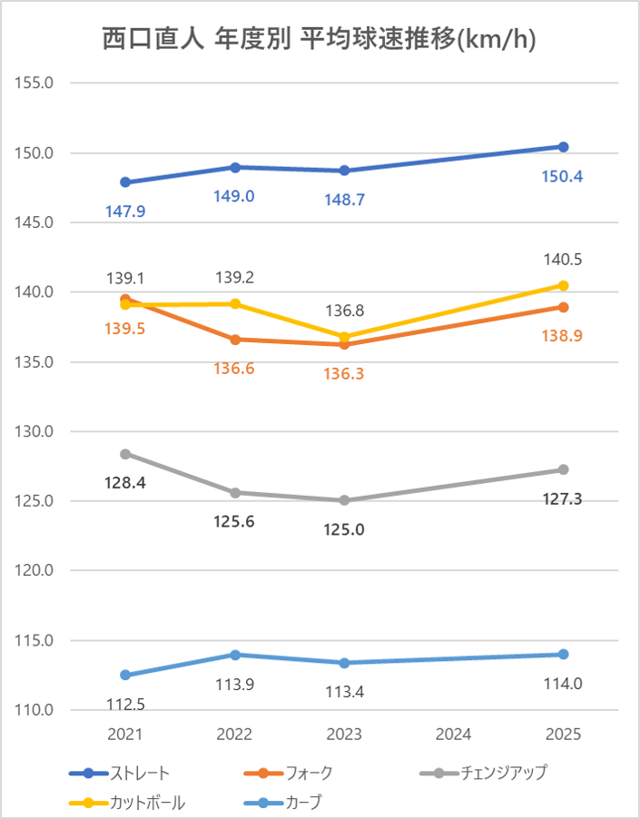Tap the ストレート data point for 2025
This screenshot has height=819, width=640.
pyautogui.click(x=563, y=147)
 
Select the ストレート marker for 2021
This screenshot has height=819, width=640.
pyautogui.click(x=125, y=183)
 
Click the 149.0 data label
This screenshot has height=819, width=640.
pyautogui.click(x=234, y=196)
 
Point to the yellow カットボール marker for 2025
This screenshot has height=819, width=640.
pyautogui.click(x=563, y=286)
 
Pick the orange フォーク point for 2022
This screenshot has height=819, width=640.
pyautogui.click(x=235, y=340)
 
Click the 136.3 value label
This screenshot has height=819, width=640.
pyautogui.click(x=343, y=374)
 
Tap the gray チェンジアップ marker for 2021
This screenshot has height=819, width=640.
pyautogui.click(x=125, y=454)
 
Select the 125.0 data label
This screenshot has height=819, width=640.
pyautogui.click(x=343, y=530)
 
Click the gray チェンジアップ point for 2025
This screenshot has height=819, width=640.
pyautogui.click(x=563, y=469)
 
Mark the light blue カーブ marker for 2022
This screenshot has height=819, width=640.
pyautogui.click(x=235, y=655)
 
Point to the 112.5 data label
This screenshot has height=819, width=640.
pyautogui.click(x=126, y=706)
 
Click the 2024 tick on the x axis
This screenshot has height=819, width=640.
pyautogui.click(x=453, y=735)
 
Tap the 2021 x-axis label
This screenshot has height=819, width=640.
pyautogui.click(x=124, y=735)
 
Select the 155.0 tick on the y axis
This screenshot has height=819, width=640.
pyautogui.click(x=34, y=83)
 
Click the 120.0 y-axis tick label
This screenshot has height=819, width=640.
pyautogui.click(x=34, y=570)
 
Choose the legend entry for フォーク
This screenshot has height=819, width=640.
pyautogui.click(x=288, y=773)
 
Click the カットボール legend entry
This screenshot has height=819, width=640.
pyautogui.click(x=127, y=803)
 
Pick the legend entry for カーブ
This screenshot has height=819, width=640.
pyautogui.click(x=283, y=803)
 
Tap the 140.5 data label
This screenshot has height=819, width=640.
pyautogui.click(x=563, y=260)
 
